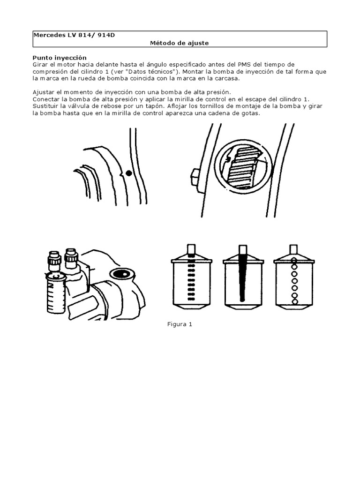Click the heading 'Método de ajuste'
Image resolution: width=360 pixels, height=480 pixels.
(x=179, y=43)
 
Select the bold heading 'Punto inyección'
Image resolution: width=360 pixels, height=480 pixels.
(x=60, y=58)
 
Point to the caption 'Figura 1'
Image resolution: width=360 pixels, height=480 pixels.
(x=180, y=324)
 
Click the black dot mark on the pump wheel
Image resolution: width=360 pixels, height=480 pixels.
(x=129, y=173)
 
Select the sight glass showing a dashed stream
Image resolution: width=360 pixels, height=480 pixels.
(x=192, y=276)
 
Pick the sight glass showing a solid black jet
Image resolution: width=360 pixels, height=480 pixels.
(x=243, y=276)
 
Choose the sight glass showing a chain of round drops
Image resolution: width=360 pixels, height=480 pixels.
(x=294, y=276)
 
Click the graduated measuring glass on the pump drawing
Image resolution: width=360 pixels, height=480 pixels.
(x=56, y=292)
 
